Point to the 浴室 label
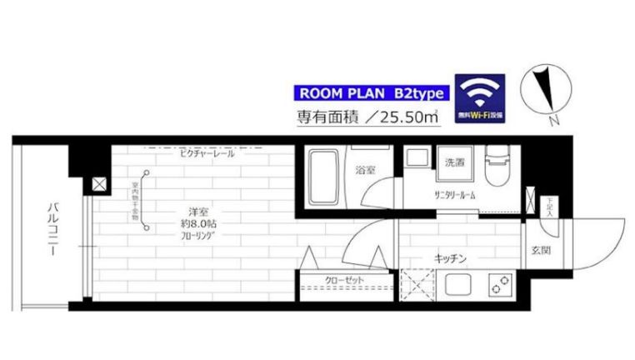pos(365,171)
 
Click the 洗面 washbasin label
pos(454,161)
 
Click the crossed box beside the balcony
pos(99,185)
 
